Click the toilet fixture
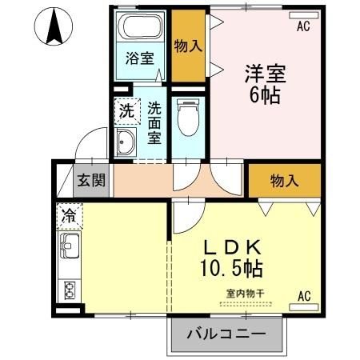(187, 118)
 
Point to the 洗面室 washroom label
(154, 121)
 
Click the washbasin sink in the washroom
(126, 144)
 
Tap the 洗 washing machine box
(127, 111)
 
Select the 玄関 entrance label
(90, 179)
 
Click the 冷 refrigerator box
(70, 214)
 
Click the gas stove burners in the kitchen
(69, 290)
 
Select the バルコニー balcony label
(226, 334)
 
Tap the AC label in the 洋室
(302, 26)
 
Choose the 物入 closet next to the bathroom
(188, 47)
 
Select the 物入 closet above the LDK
(284, 181)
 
